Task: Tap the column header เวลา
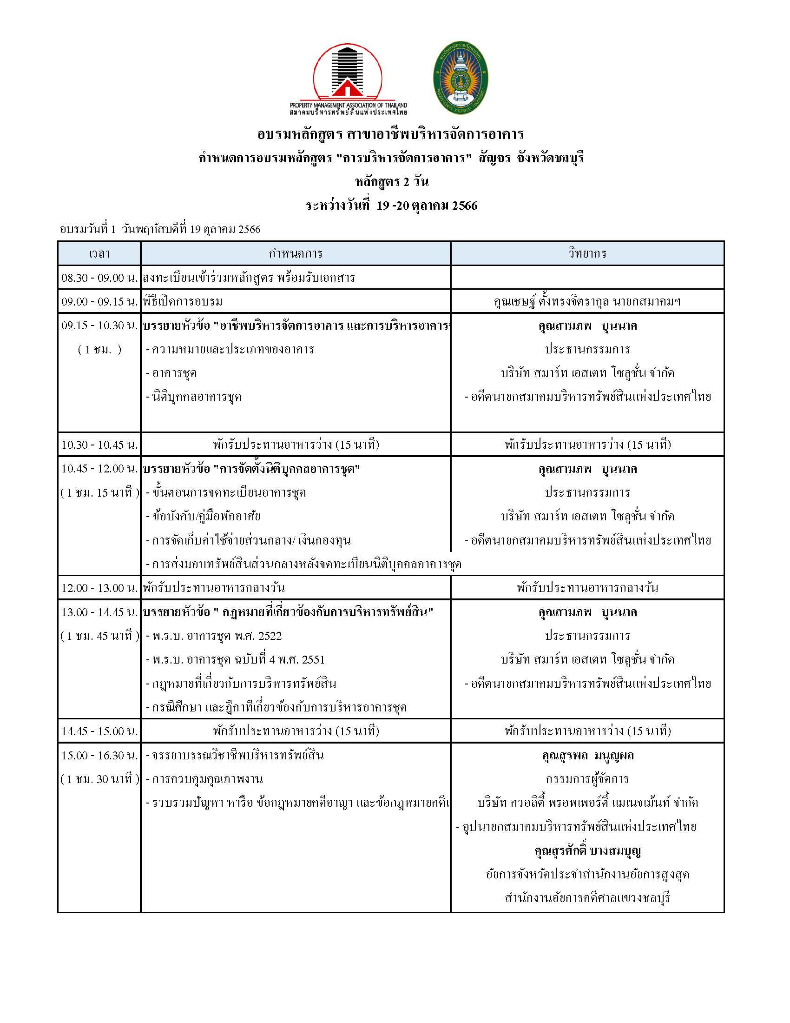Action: [99, 253]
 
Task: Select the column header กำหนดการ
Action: [295, 253]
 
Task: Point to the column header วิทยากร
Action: [587, 253]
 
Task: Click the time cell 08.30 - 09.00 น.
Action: [99, 278]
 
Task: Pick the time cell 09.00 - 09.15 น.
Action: [99, 301]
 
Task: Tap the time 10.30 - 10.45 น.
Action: [99, 445]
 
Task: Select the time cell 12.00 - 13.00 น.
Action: [99, 588]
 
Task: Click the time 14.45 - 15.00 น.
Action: [99, 731]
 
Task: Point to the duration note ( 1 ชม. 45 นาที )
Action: [99, 636]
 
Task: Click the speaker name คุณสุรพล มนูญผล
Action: [587, 755]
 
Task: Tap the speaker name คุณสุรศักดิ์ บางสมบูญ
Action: [587, 850]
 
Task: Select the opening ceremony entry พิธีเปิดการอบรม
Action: [183, 301]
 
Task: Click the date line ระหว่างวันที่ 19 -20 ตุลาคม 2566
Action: [391, 205]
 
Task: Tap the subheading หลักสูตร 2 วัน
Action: [391, 182]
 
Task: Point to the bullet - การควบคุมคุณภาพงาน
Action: [204, 779]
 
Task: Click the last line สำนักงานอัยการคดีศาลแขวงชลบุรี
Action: [587, 898]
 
